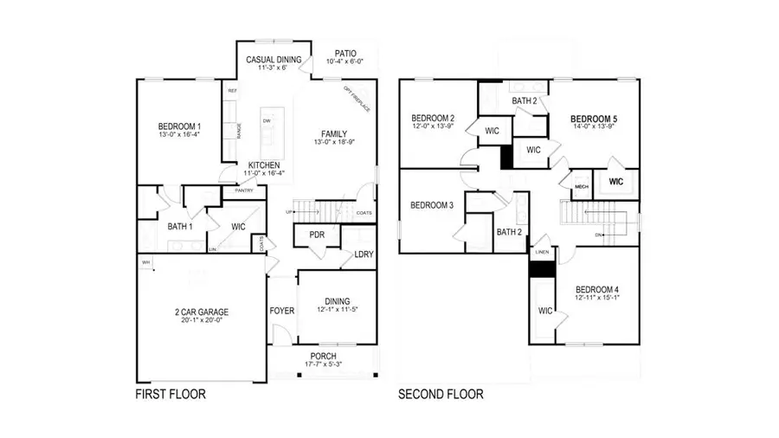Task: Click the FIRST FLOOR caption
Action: click(x=171, y=394)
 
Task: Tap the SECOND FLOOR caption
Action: click(x=441, y=395)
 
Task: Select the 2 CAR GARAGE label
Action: click(x=198, y=312)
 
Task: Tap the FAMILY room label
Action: click(x=334, y=134)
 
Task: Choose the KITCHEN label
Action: click(x=263, y=164)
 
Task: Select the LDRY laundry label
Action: click(x=364, y=254)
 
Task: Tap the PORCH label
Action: click(x=324, y=356)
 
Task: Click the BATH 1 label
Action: click(x=180, y=227)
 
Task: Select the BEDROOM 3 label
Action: click(x=433, y=205)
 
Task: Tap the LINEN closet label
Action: click(x=542, y=252)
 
